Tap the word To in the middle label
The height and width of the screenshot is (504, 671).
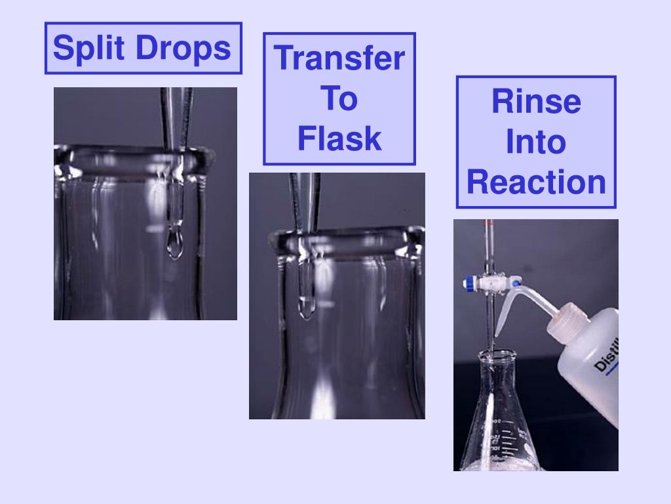339,98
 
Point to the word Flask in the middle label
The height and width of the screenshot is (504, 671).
339,138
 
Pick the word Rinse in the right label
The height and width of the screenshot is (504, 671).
536,102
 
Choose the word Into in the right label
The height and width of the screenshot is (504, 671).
536,142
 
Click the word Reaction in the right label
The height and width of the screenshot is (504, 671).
536,182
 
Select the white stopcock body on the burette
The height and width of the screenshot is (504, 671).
488,283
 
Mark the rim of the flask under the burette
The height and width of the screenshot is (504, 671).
496,355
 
